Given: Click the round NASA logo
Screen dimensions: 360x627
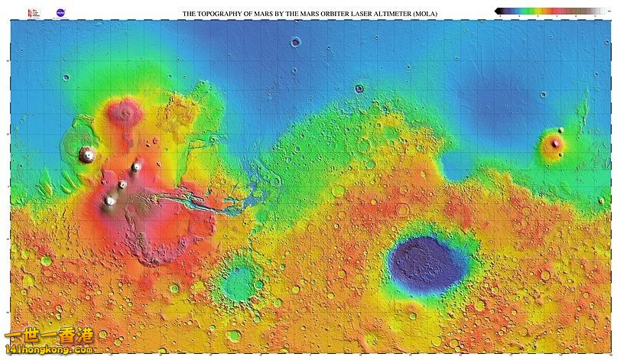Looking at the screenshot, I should [x=60, y=13].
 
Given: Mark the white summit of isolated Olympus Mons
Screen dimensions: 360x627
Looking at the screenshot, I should [x=87, y=154].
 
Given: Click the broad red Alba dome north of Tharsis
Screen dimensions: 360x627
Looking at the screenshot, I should [x=124, y=113].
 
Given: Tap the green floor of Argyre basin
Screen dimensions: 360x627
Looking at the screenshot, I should [x=241, y=281].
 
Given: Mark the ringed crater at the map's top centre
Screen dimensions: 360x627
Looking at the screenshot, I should [x=295, y=42].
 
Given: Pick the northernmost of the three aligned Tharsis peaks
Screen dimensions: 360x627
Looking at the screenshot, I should [x=137, y=167].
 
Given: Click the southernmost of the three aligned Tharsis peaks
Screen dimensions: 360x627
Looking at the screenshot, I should [x=110, y=201].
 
